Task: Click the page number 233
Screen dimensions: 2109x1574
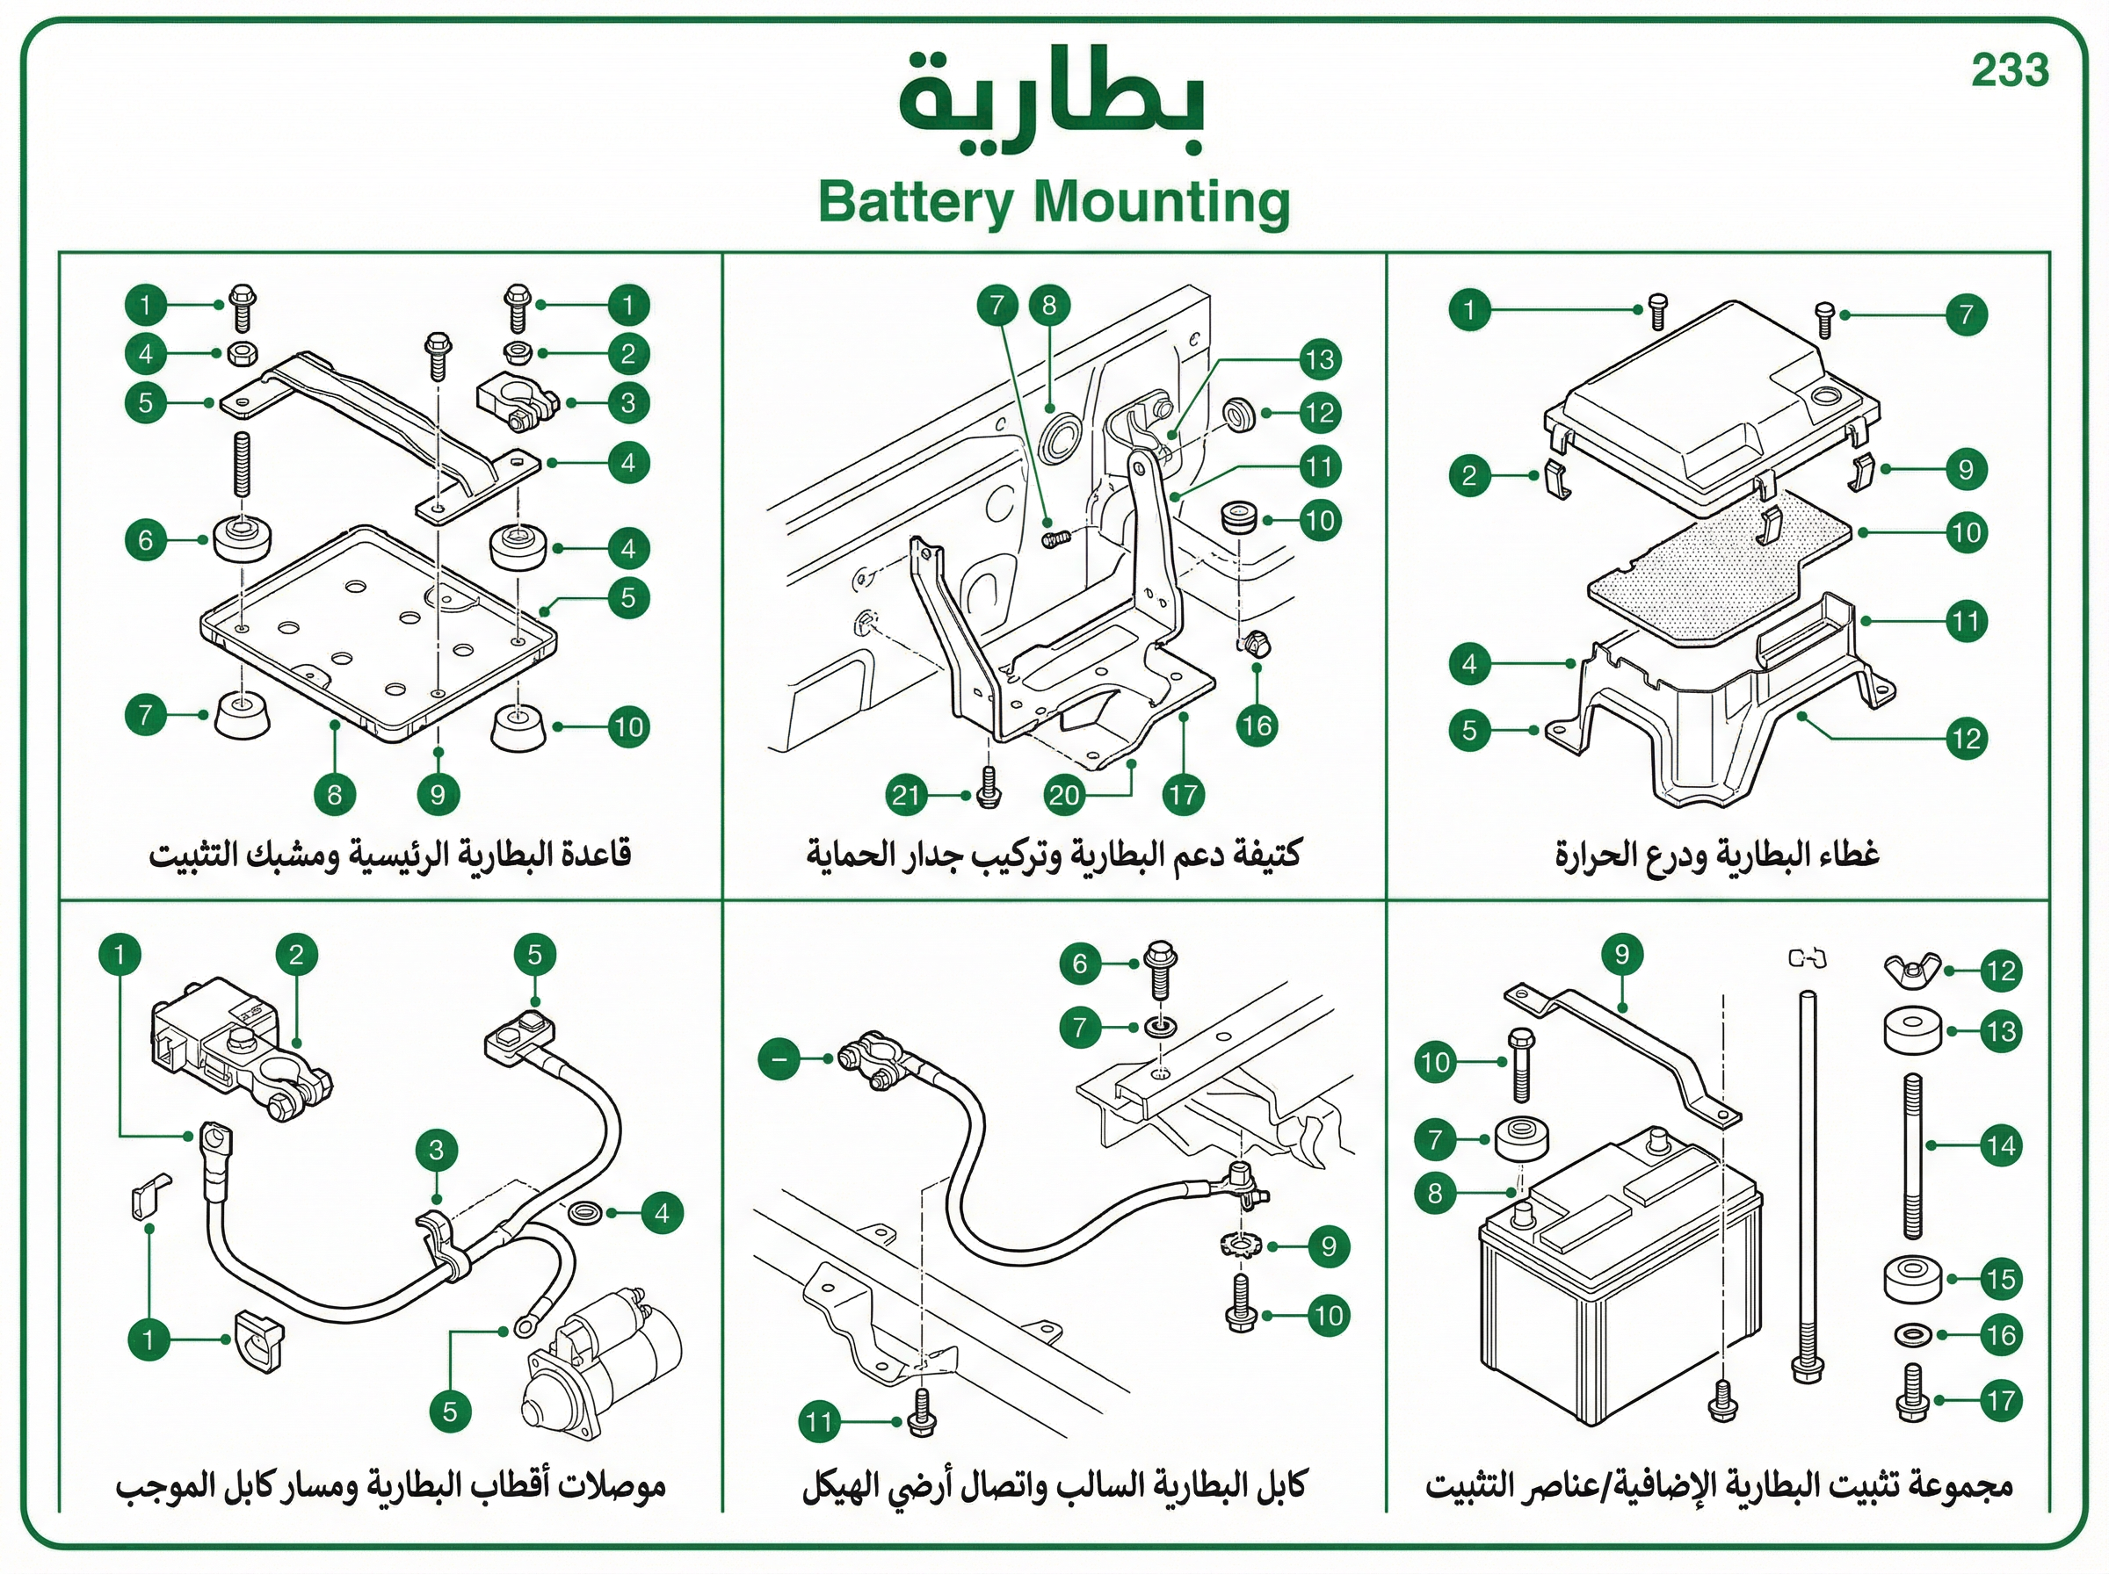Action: [x=2010, y=70]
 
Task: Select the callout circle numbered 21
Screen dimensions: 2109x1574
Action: [x=906, y=795]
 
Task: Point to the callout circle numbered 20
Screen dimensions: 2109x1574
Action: [x=1063, y=795]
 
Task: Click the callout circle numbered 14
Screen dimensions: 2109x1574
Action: [x=2000, y=1146]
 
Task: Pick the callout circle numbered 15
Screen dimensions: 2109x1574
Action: [x=2000, y=1280]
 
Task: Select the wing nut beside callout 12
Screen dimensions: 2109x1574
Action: [x=1912, y=971]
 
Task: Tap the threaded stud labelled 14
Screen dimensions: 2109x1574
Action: [x=1913, y=1155]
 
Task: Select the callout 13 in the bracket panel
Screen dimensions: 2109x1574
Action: [x=1320, y=359]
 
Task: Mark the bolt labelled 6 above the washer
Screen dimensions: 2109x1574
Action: [x=1160, y=969]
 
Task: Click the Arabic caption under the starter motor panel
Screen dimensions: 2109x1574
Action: [x=391, y=1487]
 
